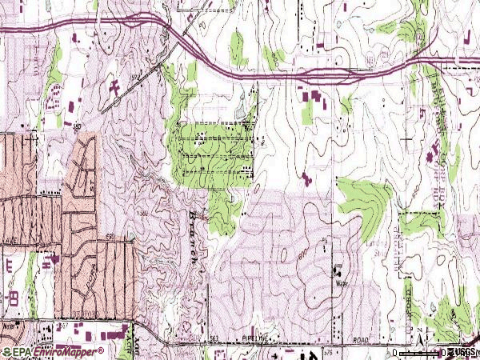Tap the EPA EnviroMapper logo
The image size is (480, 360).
53,352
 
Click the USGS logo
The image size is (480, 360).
462,352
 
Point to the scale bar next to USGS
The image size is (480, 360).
420,352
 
